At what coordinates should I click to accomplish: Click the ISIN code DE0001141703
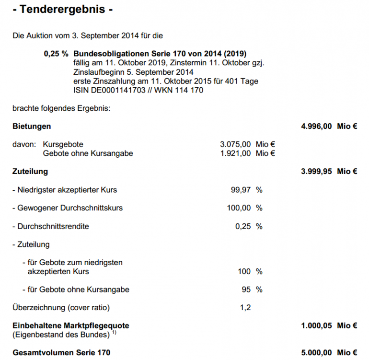tap(115, 90)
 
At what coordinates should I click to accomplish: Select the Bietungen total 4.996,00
tap(316, 127)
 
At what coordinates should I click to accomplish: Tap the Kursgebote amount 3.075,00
tap(235, 144)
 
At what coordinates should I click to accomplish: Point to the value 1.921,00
tap(235, 153)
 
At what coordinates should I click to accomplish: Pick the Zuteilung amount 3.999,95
tap(316, 171)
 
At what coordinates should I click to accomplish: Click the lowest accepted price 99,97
tap(241, 190)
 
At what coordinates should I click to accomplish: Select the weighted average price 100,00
tap(239, 208)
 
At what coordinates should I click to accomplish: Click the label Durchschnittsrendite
tap(53, 226)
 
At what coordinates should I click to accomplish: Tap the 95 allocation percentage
tap(246, 290)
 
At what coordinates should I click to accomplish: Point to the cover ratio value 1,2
tap(245, 307)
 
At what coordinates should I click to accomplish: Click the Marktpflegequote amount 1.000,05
tap(316, 325)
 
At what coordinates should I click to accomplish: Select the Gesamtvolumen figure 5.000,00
tap(316, 352)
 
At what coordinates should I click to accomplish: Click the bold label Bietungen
tap(32, 127)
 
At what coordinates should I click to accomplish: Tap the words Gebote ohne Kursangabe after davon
tap(88, 153)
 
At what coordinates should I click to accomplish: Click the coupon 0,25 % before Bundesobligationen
tap(56, 54)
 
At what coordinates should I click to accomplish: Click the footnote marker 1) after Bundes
tap(114, 332)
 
